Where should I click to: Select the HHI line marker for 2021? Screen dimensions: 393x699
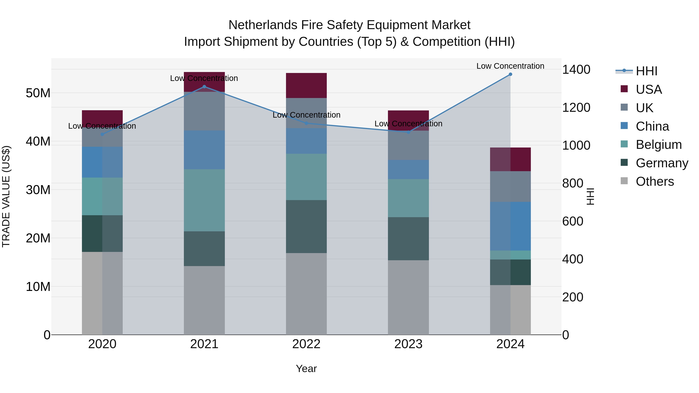point(204,87)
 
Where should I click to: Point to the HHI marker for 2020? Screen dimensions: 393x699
point(102,134)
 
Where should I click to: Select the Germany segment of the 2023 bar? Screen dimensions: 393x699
point(408,239)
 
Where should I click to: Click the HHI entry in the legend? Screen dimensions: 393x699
point(646,71)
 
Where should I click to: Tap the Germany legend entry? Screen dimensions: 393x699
point(662,163)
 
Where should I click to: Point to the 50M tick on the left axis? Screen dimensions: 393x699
point(38,93)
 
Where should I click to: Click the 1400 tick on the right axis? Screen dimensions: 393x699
point(576,69)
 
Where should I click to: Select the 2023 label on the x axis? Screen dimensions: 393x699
point(408,344)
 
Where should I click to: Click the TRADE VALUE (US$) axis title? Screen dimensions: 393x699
point(6,196)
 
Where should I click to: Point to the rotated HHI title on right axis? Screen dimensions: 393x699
point(590,196)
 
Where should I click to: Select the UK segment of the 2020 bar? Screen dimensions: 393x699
point(102,137)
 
